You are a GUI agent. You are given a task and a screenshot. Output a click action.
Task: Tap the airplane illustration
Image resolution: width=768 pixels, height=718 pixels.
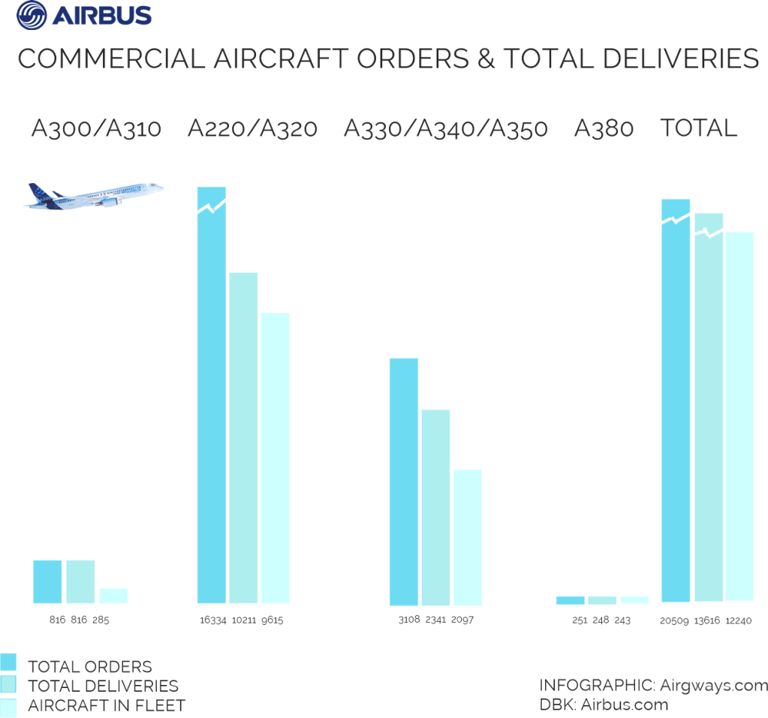(x=94, y=194)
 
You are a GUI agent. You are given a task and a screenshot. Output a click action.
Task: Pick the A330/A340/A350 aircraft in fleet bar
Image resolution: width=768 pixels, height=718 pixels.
(x=467, y=537)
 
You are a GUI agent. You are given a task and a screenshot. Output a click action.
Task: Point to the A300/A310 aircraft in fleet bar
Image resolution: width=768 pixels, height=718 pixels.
(x=113, y=596)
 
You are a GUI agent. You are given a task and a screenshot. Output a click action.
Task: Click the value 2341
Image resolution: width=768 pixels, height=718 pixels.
(x=435, y=620)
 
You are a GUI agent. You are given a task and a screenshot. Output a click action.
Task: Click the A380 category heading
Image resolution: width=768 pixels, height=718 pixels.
(x=604, y=129)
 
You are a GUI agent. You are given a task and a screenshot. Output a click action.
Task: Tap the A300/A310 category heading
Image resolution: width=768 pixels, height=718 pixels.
(x=96, y=129)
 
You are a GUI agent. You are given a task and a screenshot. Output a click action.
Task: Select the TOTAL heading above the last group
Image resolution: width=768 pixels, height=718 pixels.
(x=698, y=129)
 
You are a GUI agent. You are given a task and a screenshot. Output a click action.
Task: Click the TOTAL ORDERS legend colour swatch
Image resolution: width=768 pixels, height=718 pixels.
(x=8, y=662)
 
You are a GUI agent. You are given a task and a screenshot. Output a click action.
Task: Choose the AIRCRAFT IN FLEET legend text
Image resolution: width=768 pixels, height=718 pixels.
(x=106, y=705)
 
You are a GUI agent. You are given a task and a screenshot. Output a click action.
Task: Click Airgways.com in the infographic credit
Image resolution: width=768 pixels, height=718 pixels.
(x=714, y=686)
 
